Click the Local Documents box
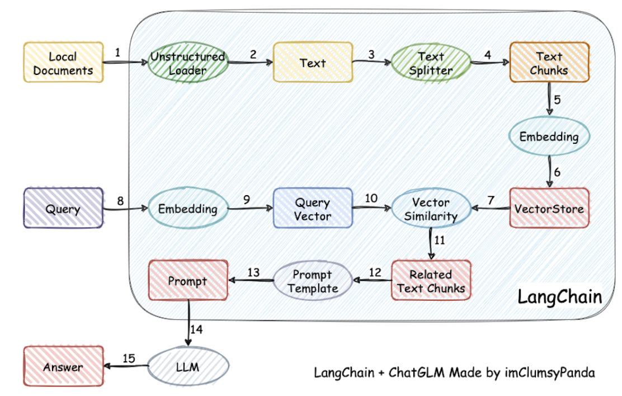63,62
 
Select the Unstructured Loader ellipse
188,62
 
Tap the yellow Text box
313,62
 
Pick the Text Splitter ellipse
431,63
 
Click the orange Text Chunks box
549,62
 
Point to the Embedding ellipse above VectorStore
549,136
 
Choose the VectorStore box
549,208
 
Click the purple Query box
63,208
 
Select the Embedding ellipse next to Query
188,208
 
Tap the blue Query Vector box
313,208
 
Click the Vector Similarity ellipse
431,208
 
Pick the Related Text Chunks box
431,280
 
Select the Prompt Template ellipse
313,281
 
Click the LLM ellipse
188,366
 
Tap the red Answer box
63,366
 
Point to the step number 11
440,241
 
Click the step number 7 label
491,200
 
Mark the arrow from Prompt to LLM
189,323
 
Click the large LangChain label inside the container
560,297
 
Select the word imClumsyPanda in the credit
550,373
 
